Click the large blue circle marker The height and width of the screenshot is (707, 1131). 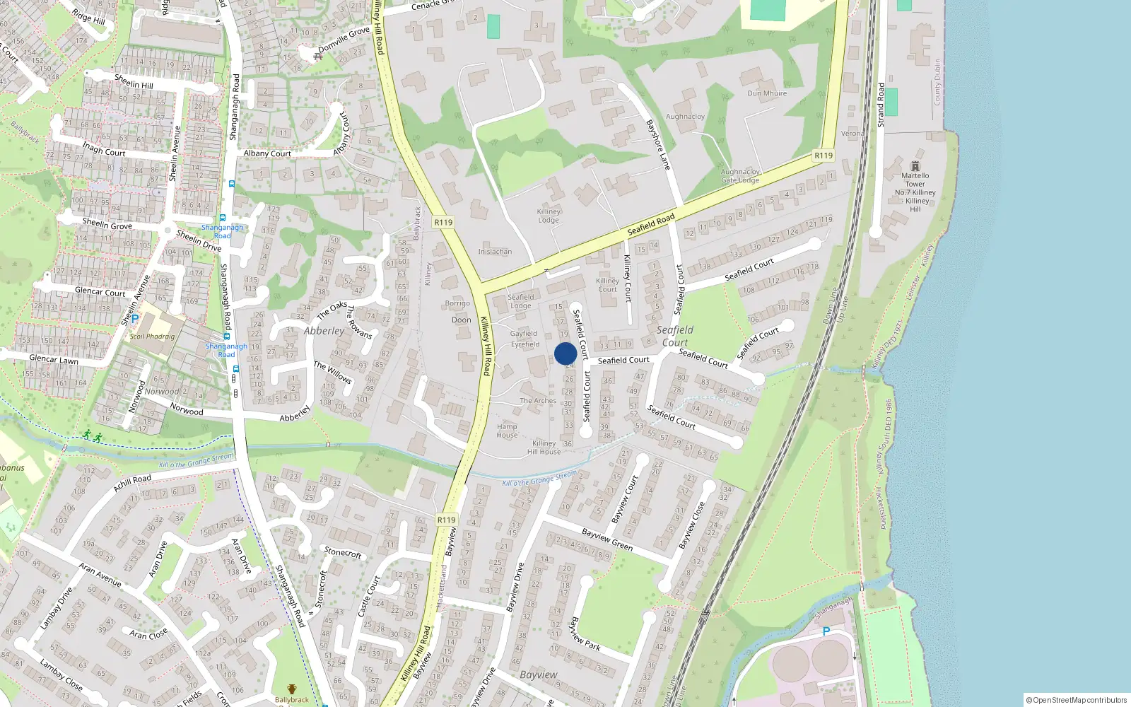565,353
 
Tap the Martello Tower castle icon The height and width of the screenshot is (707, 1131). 915,165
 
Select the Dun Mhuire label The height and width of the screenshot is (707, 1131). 767,93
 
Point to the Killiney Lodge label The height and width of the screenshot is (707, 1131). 549,216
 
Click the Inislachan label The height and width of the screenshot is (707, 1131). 495,252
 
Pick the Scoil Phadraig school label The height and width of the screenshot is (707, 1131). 152,337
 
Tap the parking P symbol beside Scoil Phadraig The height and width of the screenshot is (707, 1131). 134,320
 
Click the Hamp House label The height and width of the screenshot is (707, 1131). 507,431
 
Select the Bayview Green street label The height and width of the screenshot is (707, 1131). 607,539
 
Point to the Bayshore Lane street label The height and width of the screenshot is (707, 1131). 657,144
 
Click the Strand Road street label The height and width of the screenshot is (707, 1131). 881,105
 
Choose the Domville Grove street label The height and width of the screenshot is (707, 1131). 344,40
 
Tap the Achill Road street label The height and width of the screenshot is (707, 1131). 132,483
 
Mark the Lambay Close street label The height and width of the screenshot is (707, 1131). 61,674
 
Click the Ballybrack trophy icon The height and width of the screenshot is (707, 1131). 292,689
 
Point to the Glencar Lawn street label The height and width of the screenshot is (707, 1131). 54,360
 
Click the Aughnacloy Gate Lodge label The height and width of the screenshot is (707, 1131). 740,176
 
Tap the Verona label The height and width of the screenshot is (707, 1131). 852,134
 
